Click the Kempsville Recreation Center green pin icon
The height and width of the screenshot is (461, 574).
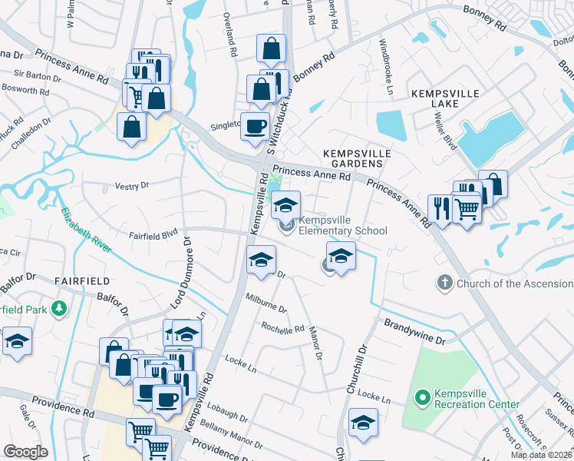point(421,398)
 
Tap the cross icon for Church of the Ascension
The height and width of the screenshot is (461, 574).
point(444,284)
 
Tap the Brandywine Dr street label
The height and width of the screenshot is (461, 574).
point(414,333)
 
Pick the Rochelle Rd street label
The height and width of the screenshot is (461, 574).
point(283,329)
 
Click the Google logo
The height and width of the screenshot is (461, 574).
point(25,452)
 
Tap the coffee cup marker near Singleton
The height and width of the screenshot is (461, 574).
point(255,126)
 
